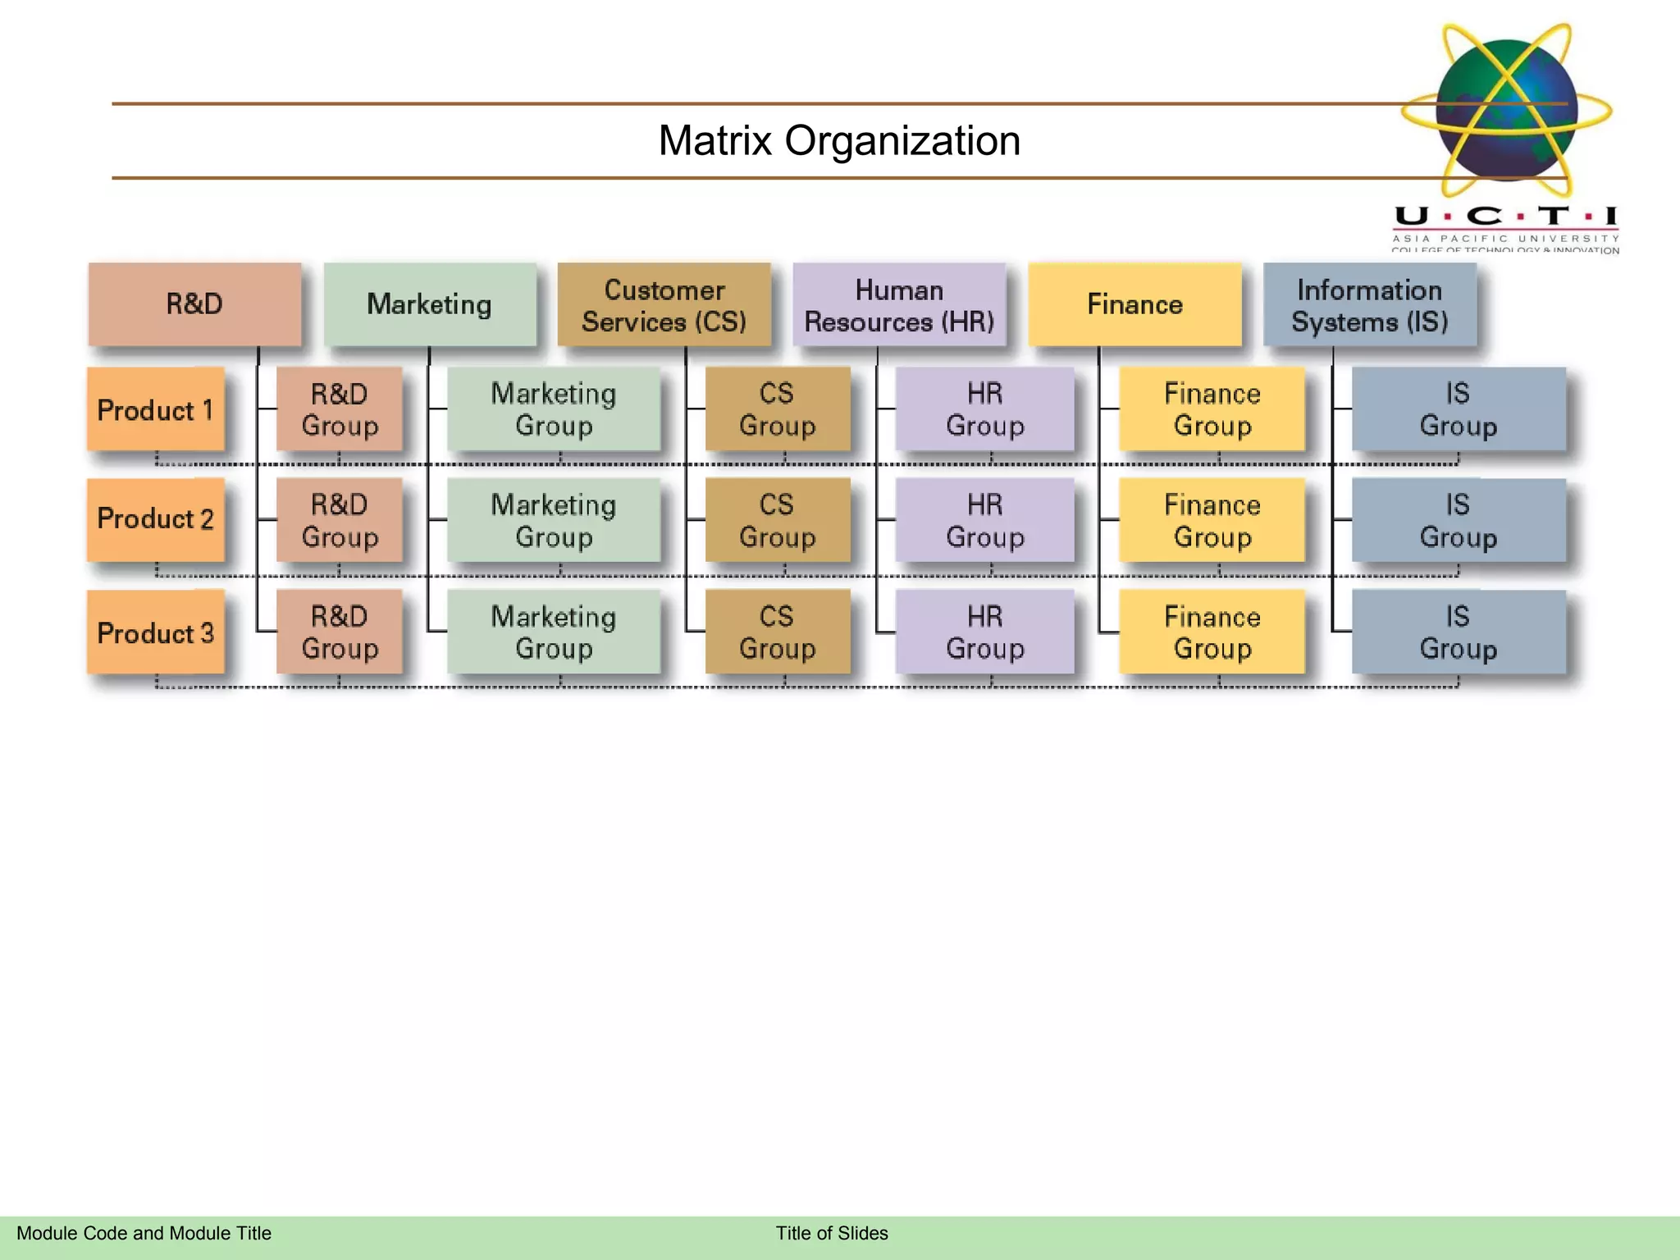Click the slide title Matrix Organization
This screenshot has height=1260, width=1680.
[x=838, y=140]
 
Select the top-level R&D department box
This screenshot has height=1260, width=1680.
[x=194, y=304]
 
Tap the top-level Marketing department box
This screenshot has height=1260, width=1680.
[x=429, y=304]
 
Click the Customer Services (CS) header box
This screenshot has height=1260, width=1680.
[x=664, y=305]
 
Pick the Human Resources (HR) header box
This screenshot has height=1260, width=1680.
[x=899, y=305]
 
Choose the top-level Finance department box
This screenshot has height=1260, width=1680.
[x=1134, y=304]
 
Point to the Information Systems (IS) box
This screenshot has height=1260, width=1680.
[x=1369, y=305]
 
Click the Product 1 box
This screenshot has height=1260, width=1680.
[x=155, y=409]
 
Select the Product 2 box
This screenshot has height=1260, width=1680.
[x=155, y=519]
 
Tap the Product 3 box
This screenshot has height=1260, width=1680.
[x=155, y=632]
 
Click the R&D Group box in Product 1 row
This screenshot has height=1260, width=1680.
[x=340, y=409]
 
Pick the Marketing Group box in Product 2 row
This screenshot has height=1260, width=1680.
[x=554, y=520]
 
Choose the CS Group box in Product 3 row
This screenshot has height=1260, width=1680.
[x=777, y=632]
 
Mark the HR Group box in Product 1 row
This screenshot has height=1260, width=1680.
[x=984, y=409]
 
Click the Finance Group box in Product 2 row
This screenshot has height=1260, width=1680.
[x=1212, y=520]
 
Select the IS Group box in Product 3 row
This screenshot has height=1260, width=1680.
[x=1458, y=632]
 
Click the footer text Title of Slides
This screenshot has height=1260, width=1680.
[x=832, y=1233]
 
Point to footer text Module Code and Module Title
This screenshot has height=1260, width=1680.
[x=144, y=1233]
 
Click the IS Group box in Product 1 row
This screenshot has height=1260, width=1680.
[x=1458, y=409]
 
